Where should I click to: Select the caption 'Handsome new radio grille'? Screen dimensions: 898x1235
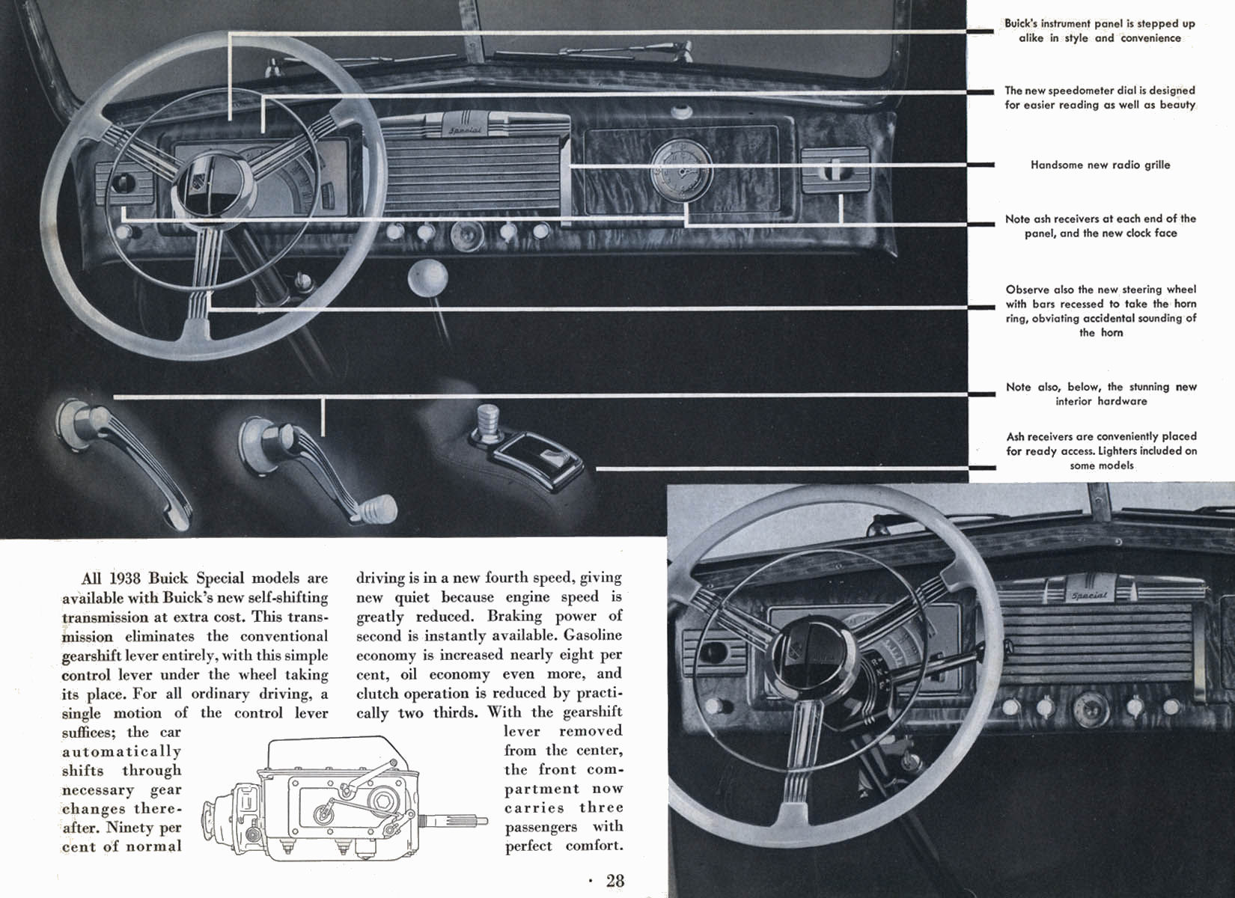(x=1100, y=165)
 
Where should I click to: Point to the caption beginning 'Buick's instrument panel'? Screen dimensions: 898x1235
(x=1100, y=31)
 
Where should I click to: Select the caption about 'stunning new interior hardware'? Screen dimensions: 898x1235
(x=1100, y=394)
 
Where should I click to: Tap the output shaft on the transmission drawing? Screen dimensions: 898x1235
(x=457, y=821)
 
